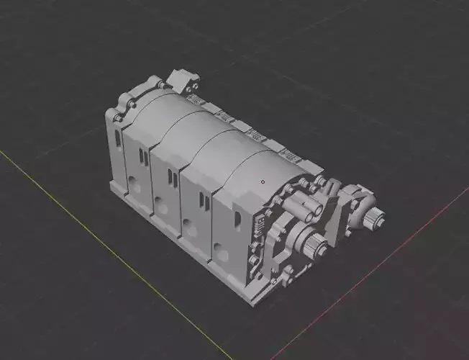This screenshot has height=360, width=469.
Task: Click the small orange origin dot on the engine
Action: [x=263, y=181]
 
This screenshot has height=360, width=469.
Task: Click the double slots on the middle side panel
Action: [x=169, y=174]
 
